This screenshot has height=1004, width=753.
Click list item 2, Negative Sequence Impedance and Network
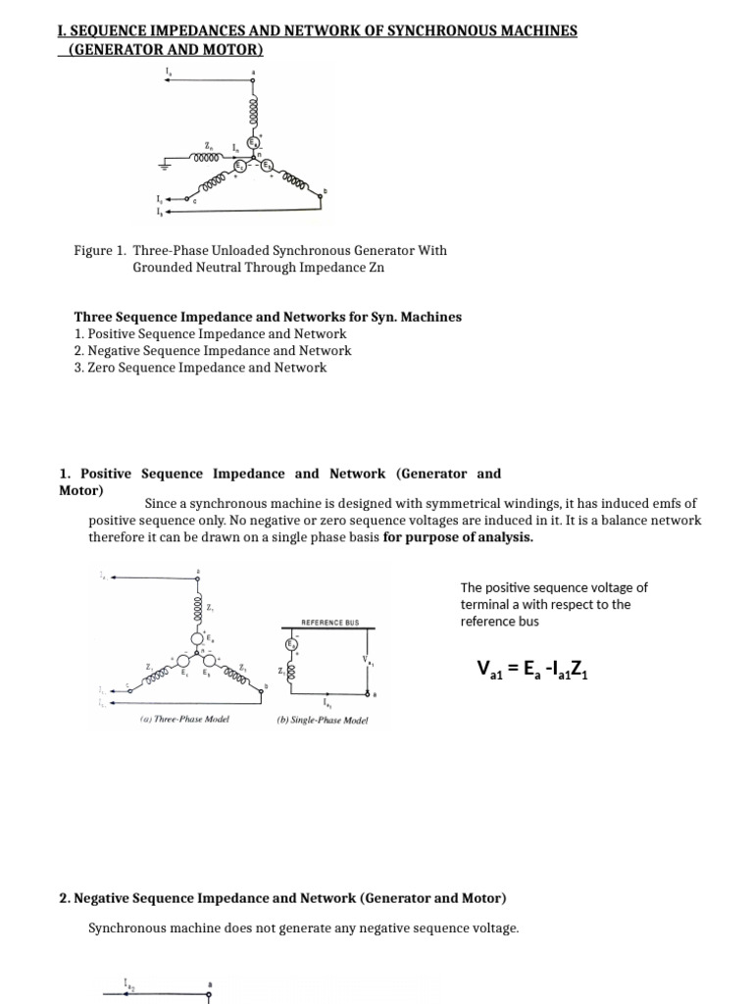(x=213, y=350)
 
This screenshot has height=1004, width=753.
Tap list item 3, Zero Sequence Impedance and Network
(x=200, y=368)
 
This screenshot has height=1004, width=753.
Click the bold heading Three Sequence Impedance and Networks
(x=268, y=317)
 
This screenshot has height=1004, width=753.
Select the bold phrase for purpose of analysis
(x=458, y=536)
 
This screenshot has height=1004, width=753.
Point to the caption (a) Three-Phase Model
(x=183, y=719)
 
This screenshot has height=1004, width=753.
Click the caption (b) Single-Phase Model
(x=323, y=719)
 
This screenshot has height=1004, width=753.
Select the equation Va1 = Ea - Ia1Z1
(x=531, y=670)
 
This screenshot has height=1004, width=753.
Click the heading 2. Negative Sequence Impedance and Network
(x=283, y=898)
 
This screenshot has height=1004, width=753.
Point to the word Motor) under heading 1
(x=81, y=490)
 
